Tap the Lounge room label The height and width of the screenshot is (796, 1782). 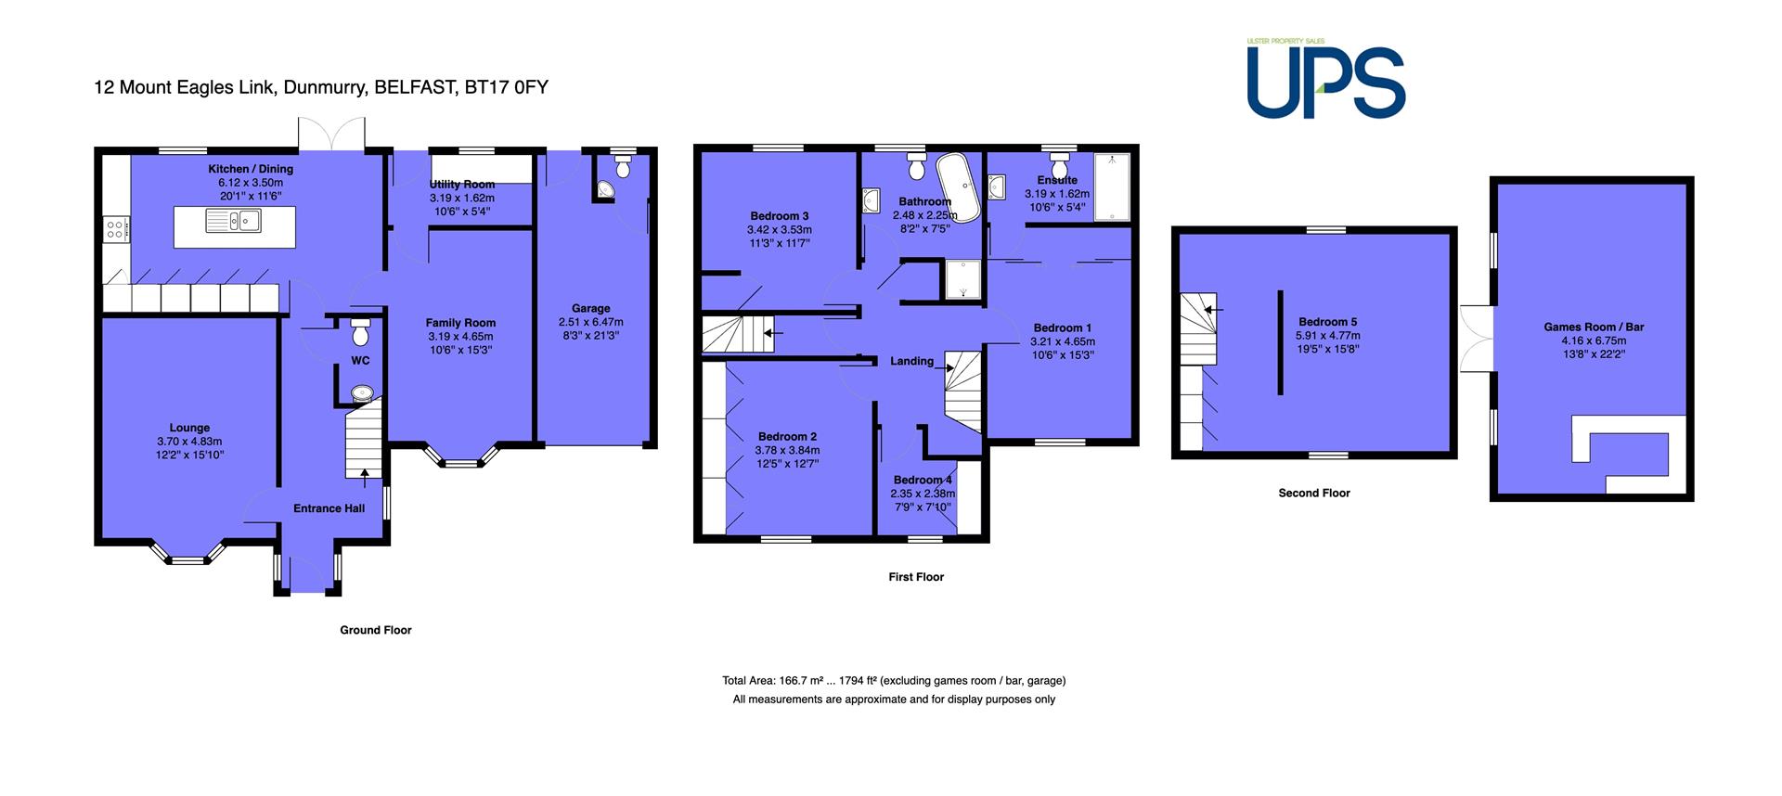tap(189, 428)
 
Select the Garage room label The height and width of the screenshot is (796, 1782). tap(591, 308)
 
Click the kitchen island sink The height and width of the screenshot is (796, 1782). tap(234, 221)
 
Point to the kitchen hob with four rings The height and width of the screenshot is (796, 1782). tap(116, 228)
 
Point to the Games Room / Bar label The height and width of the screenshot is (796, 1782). tap(1594, 327)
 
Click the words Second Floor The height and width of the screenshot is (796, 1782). tap(1314, 493)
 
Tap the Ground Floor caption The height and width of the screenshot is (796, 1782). tap(375, 630)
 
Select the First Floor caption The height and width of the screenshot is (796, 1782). tap(916, 576)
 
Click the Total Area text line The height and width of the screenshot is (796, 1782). tap(894, 681)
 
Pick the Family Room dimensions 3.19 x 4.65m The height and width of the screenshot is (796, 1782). tap(460, 337)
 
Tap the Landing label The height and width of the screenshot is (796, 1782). tap(911, 361)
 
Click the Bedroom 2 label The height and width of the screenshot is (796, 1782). tap(787, 436)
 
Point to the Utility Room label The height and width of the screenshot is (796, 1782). tap(462, 185)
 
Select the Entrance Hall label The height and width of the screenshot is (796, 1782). tap(329, 508)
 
